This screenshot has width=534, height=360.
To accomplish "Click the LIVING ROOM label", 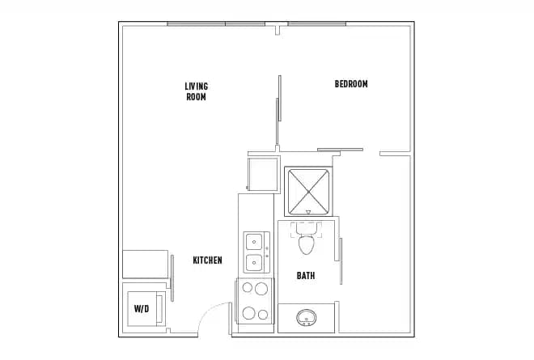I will [x=196, y=91].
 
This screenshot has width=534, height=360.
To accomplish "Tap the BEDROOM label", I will [x=351, y=84].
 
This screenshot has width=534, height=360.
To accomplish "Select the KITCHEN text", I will [x=207, y=260].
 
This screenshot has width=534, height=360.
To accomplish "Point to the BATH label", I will [x=306, y=276].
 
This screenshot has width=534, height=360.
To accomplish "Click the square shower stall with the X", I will [x=307, y=190].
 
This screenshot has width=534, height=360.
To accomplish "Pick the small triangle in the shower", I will [x=307, y=212].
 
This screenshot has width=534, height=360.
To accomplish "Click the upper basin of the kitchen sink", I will [x=254, y=241].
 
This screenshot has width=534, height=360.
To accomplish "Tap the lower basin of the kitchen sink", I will [x=254, y=262].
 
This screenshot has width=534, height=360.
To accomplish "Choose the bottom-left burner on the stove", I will [x=247, y=314].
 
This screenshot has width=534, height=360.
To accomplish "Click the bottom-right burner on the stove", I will [x=262, y=314].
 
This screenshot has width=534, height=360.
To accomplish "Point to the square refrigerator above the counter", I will [x=262, y=173].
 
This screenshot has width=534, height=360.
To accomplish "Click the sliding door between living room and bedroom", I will [x=278, y=112].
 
